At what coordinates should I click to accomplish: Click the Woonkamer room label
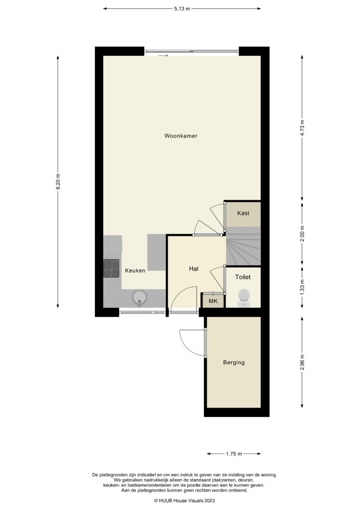coord(178,136)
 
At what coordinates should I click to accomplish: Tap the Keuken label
coord(135,271)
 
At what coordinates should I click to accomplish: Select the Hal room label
coord(194,268)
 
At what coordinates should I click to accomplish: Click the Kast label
coord(243,213)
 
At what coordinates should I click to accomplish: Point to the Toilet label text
coord(243,277)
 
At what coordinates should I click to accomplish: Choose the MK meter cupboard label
coord(213,301)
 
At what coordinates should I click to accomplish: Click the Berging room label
coord(234,362)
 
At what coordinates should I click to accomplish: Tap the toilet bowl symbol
coord(244,296)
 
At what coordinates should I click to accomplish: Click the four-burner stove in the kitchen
coord(111,268)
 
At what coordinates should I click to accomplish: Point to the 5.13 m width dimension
coord(182,8)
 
